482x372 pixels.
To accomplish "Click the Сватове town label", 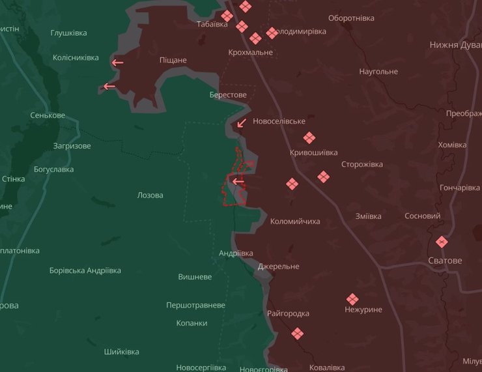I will [x=445, y=261].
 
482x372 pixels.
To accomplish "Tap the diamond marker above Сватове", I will [x=442, y=242].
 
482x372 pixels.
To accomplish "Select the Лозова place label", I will [x=150, y=195].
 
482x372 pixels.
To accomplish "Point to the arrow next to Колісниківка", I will [x=117, y=63].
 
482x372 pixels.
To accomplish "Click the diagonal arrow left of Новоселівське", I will [x=242, y=122].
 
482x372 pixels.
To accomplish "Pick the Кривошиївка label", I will [x=313, y=152].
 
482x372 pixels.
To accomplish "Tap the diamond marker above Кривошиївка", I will [x=309, y=138].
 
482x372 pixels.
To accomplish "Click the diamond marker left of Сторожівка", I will [x=324, y=177].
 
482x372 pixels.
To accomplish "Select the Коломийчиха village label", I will [x=295, y=222].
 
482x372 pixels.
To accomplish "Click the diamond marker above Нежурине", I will [x=352, y=299].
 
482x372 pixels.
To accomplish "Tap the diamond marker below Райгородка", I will [x=298, y=334].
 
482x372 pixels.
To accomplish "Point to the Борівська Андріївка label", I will [x=85, y=270].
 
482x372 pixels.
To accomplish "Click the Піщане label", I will [x=173, y=60].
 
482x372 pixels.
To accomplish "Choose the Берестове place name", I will [x=228, y=95].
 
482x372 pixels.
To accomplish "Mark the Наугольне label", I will [x=378, y=72].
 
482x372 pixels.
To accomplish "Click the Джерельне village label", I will [x=278, y=266].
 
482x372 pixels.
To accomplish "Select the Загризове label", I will [x=72, y=146].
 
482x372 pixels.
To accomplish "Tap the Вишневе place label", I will [x=195, y=277].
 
